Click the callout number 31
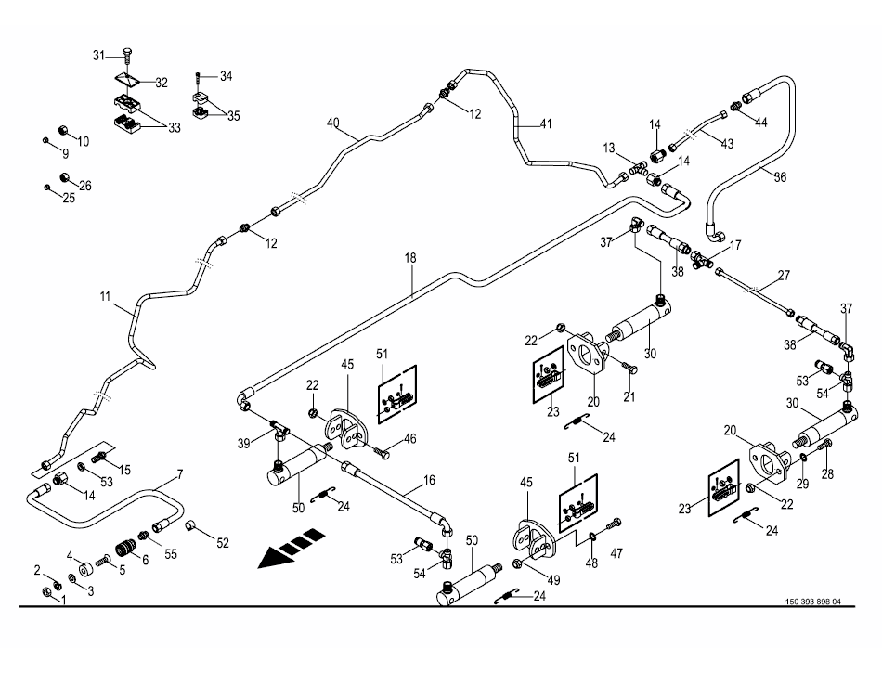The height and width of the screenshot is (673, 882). (x=99, y=56)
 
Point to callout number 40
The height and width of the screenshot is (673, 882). (x=333, y=123)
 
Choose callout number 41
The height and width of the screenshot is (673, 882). (x=546, y=123)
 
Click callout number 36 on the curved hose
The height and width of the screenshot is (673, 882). (x=780, y=176)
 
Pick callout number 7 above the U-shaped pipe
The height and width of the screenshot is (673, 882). (x=179, y=475)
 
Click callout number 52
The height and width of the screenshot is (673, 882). (x=222, y=542)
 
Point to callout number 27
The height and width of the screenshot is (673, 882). (x=784, y=275)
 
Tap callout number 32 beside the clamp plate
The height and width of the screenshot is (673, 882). (x=161, y=83)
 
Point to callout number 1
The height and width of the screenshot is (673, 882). (x=62, y=600)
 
